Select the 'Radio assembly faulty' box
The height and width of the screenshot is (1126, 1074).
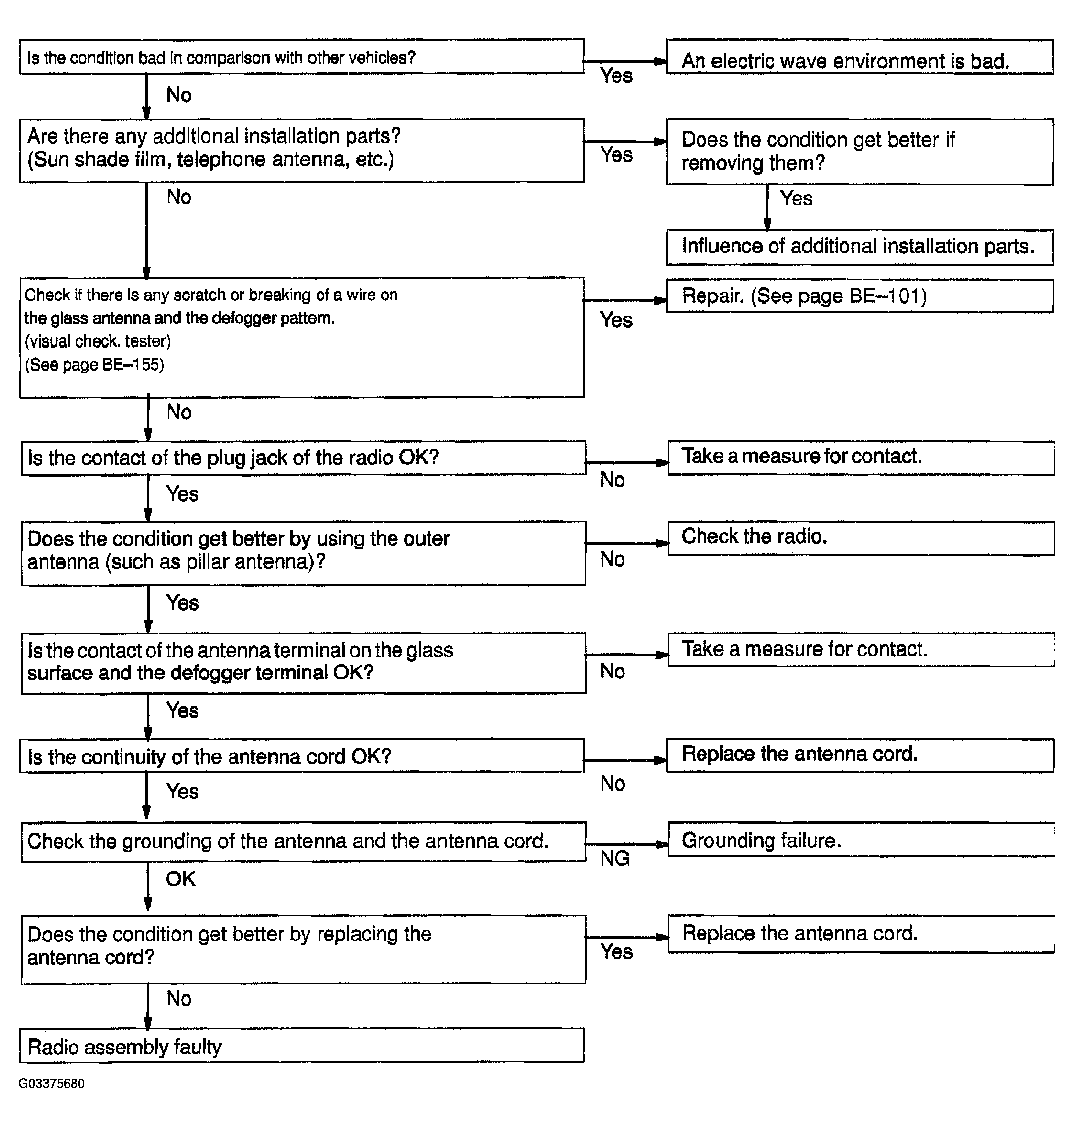coord(302,1046)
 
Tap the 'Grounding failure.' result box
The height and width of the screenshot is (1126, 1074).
coord(861,840)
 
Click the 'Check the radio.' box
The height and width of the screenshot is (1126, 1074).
coord(861,538)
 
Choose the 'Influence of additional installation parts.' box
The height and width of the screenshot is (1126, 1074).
coord(859,247)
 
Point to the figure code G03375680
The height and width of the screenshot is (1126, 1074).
coord(52,1083)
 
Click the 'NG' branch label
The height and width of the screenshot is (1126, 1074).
coord(615,858)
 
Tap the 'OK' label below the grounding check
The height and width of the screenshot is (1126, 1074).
coord(181,879)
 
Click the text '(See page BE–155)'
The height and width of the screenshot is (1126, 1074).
coord(95,365)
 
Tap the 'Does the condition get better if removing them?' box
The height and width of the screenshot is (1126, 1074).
coord(859,152)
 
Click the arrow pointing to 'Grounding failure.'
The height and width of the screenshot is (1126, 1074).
coord(627,844)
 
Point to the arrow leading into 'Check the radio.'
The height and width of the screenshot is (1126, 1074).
coord(627,543)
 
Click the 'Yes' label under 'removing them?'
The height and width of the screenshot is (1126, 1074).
coord(796,199)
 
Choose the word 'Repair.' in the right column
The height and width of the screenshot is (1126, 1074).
coord(713,296)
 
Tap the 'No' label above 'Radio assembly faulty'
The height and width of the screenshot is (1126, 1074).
coord(178,999)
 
